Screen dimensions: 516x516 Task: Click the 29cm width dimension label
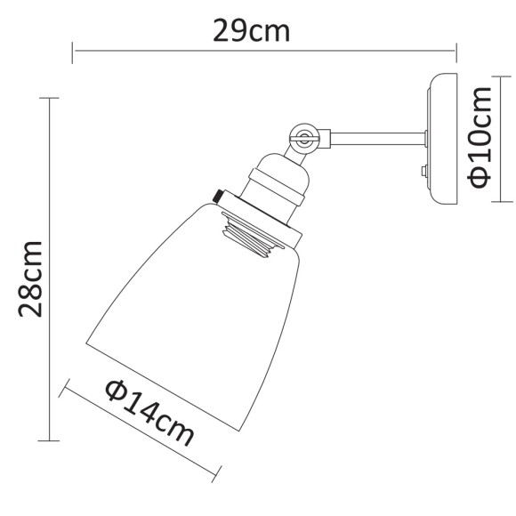click(x=252, y=32)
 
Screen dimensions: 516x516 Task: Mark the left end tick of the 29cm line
click(x=74, y=50)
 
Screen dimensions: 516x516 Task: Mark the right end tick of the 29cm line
click(x=456, y=50)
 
